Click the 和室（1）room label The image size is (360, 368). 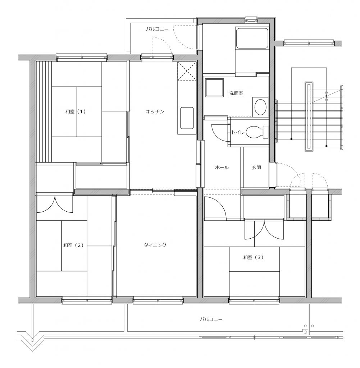pyautogui.click(x=76, y=112)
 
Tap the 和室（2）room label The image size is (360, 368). pyautogui.click(x=73, y=245)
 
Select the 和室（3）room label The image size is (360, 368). pyautogui.click(x=253, y=257)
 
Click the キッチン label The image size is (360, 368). pyautogui.click(x=155, y=111)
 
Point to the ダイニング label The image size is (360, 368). pyautogui.click(x=155, y=245)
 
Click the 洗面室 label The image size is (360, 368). pyautogui.click(x=236, y=93)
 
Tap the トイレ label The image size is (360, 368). pyautogui.click(x=238, y=132)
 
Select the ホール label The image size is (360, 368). pyautogui.click(x=222, y=167)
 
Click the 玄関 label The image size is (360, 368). pyautogui.click(x=256, y=167)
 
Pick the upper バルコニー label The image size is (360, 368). pyautogui.click(x=157, y=29)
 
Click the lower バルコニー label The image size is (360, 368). pyautogui.click(x=211, y=319)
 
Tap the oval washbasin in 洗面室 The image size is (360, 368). pyautogui.click(x=260, y=107)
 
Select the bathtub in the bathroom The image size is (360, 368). pyautogui.click(x=252, y=38)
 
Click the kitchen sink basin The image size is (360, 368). pyautogui.click(x=187, y=118)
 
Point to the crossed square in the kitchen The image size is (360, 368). pyautogui.click(x=187, y=71)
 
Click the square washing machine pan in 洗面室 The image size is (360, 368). pyautogui.click(x=214, y=88)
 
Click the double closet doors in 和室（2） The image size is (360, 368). pyautogui.click(x=55, y=203)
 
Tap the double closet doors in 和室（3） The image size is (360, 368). pyautogui.click(x=264, y=230)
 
